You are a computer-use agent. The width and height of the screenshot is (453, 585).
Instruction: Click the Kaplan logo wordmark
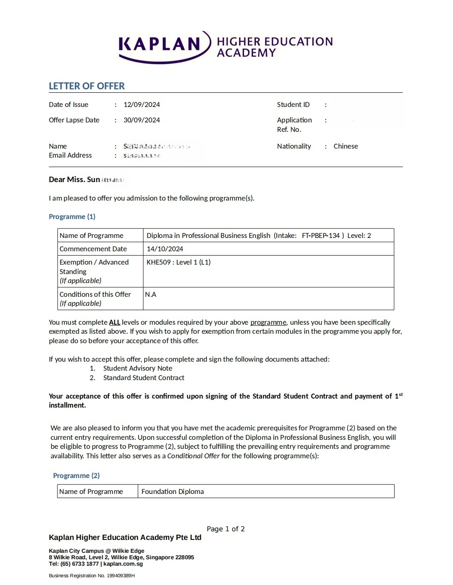pos(160,44)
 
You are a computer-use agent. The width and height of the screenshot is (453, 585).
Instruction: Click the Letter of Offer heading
pos(87,86)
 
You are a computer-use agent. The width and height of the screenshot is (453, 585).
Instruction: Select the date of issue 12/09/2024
pos(142,104)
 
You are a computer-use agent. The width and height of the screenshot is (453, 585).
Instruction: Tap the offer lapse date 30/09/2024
pos(142,120)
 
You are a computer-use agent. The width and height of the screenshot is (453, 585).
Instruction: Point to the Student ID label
pos(293,104)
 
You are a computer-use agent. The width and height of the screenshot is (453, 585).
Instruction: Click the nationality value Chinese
pos(345,146)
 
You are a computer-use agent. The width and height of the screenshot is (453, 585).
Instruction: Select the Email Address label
pos(70,155)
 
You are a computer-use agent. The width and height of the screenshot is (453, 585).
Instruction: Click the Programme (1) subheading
pos(72,216)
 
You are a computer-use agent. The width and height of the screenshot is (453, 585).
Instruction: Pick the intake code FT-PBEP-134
pos(320,235)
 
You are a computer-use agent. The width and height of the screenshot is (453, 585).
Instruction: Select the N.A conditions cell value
pos(151,294)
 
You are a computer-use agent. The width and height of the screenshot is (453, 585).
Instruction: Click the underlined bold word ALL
pos(115,322)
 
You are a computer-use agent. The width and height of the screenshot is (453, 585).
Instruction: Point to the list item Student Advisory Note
pos(138,368)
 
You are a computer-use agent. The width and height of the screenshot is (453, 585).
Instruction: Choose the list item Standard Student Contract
pos(144,378)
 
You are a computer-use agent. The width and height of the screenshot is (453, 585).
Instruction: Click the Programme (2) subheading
pos(76,475)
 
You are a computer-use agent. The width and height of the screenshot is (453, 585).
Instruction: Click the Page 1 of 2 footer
pos(226,529)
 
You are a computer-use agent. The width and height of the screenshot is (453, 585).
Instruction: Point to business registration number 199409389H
pos(121,576)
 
